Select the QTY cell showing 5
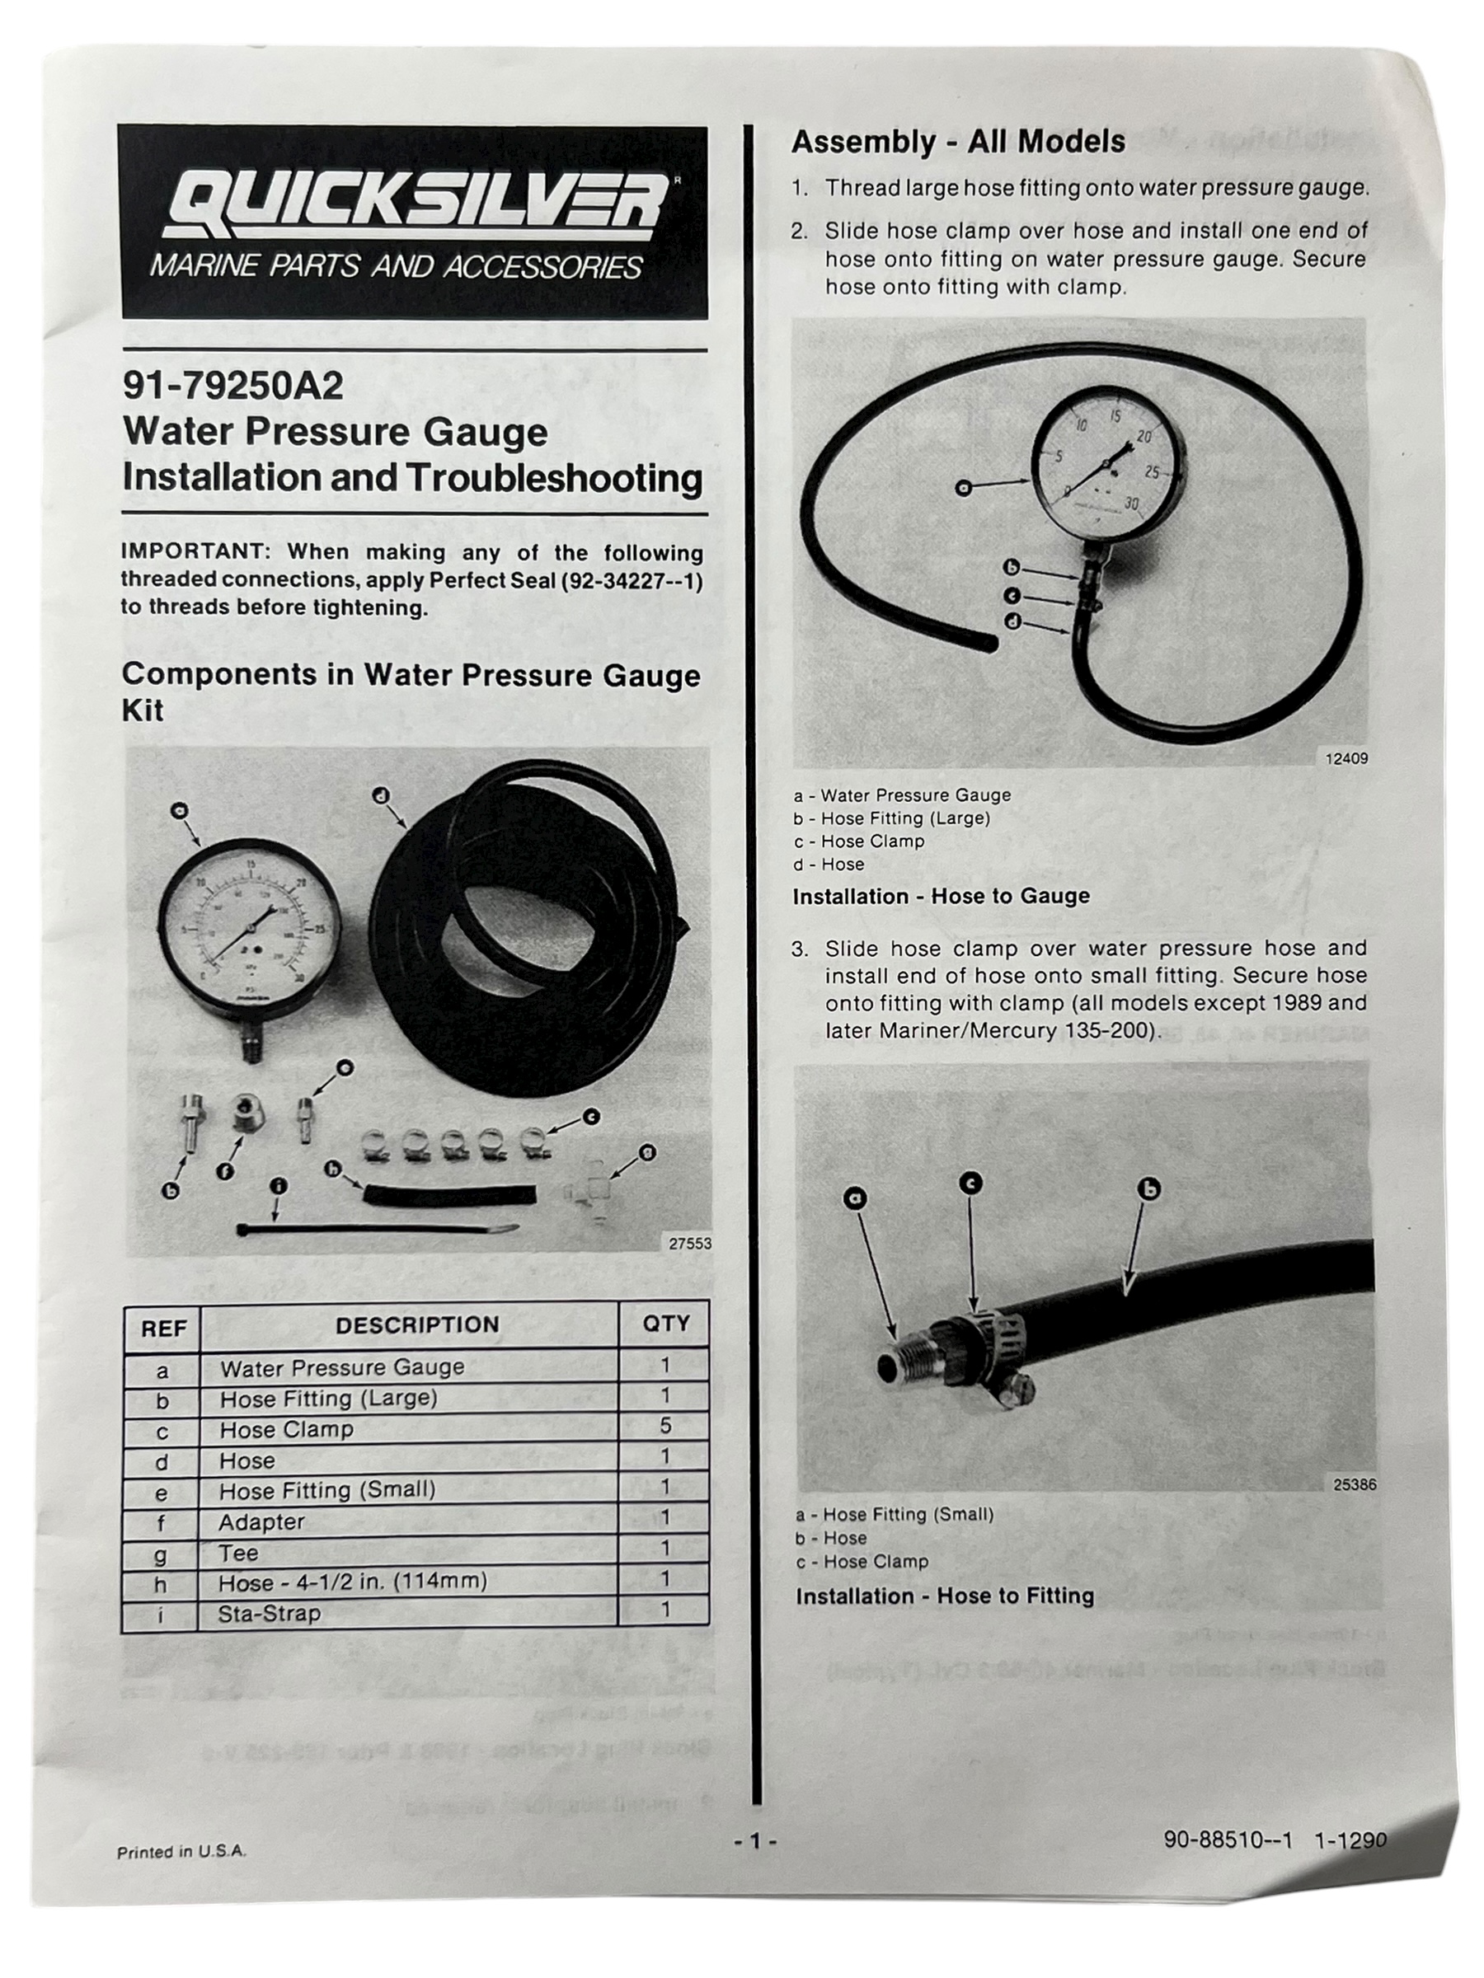665,1425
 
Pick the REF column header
162,1329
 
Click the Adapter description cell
261,1521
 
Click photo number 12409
1345,758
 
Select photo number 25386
1354,1484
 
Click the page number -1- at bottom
755,1840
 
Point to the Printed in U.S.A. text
181,1852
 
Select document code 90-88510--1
1228,1840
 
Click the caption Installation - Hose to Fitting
944,1596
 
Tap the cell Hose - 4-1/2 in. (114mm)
352,1582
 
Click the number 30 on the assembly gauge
1130,504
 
